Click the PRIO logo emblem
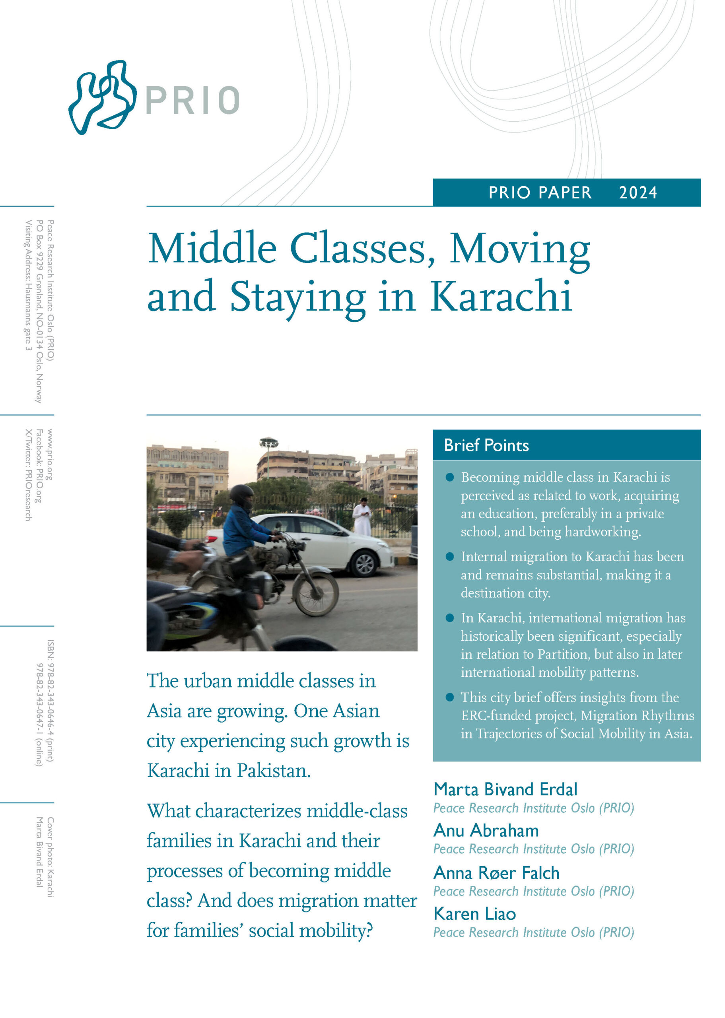pos(102,97)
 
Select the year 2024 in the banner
pos(638,193)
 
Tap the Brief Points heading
pos(486,445)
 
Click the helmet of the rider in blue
pos(241,495)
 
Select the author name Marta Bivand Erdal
pos(505,789)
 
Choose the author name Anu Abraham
pos(486,831)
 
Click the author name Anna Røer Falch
pos(496,872)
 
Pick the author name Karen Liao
pos(474,913)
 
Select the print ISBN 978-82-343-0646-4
pos(50,701)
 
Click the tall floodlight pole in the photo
pos(268,455)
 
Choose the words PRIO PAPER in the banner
pos(539,193)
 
